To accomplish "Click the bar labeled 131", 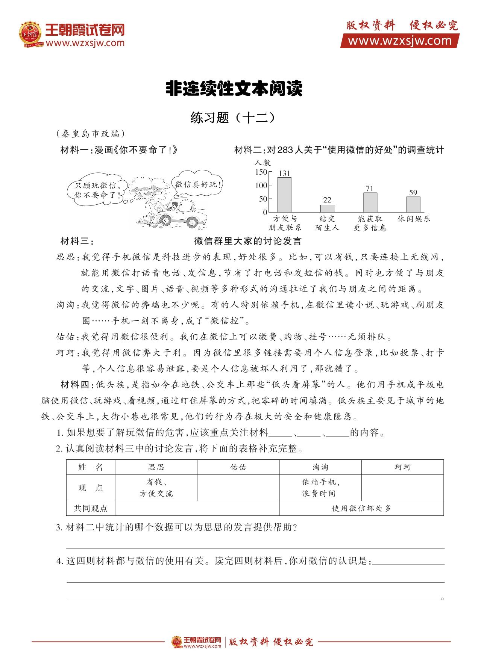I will [x=284, y=195].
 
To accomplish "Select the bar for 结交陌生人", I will [x=327, y=208].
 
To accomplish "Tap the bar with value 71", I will [x=370, y=202].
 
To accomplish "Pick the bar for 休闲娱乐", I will [x=413, y=204].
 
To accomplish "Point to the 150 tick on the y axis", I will [x=261, y=172].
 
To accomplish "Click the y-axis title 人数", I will [x=262, y=163].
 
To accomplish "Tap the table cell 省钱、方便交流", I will [x=156, y=488].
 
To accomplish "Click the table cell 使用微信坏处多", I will [x=361, y=508].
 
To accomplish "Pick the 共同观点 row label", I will [x=91, y=508].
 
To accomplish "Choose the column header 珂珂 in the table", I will [x=402, y=467].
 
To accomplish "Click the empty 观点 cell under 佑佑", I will [x=238, y=488].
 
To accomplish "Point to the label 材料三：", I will [x=77, y=241].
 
